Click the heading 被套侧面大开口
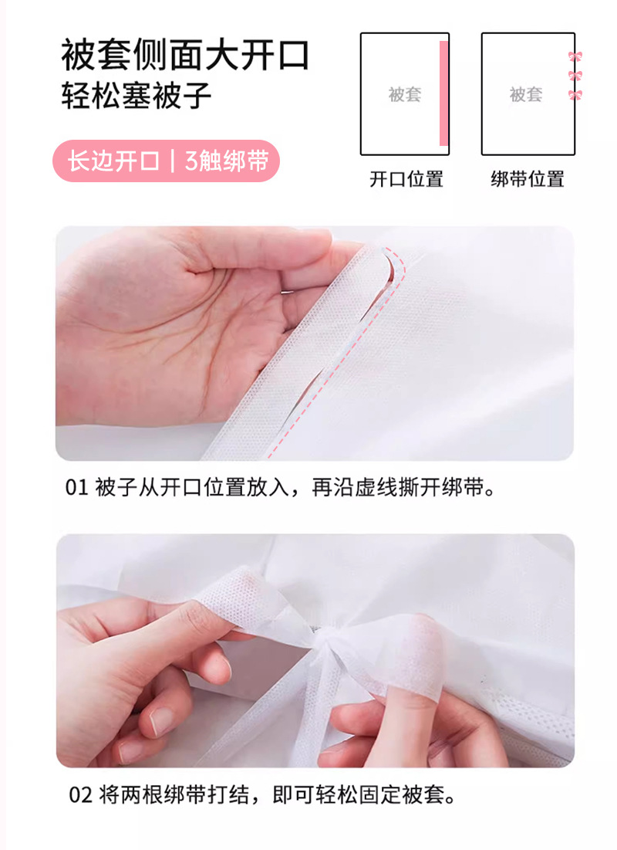(185, 56)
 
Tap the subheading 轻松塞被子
(136, 96)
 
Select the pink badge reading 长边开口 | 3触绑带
(167, 161)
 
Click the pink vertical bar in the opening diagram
(443, 93)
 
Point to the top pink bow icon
(575, 56)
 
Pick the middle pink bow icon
(575, 76)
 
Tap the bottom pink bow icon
(575, 96)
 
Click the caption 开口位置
(406, 179)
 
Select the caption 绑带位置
(528, 179)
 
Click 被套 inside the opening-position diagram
(405, 94)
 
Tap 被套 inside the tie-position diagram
(526, 94)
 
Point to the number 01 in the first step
(76, 487)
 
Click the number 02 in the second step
(80, 795)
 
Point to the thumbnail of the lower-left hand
(162, 721)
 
